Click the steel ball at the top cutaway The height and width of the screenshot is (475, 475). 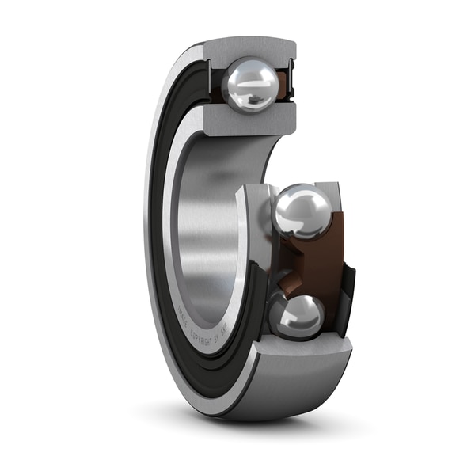pos(249,85)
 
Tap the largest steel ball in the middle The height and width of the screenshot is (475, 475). pos(303,211)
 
